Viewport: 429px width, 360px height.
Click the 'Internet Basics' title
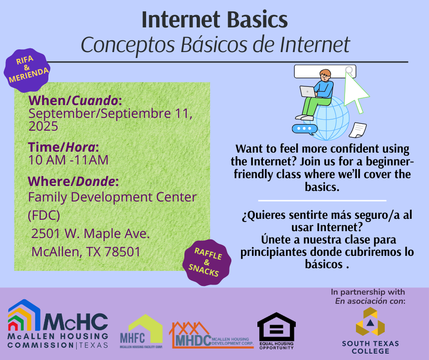[215, 20]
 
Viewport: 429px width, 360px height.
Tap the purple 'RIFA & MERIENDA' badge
[27, 70]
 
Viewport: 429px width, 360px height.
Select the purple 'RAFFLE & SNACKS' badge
[207, 262]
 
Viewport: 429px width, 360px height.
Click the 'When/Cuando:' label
[75, 101]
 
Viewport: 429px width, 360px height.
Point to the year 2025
[43, 126]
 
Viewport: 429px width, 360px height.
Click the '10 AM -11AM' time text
[68, 160]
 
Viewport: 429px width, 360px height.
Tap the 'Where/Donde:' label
[73, 181]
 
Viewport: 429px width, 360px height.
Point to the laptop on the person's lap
[308, 91]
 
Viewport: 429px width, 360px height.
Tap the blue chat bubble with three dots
[304, 129]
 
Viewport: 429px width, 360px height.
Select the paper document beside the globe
[358, 130]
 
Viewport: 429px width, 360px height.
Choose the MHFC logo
[141, 331]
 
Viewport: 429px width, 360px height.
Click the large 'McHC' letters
[75, 322]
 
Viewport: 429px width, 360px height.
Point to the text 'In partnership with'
[368, 292]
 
